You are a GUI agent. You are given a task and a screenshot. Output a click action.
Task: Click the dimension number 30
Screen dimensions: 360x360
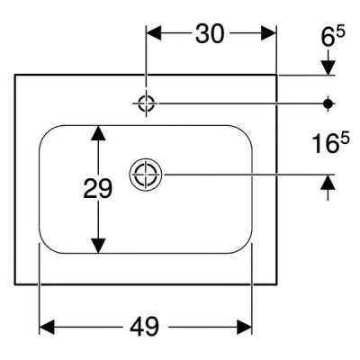210,33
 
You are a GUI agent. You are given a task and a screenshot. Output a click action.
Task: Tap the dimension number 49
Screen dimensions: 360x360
144,327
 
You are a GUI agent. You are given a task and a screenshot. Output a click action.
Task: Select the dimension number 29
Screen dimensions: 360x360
97,189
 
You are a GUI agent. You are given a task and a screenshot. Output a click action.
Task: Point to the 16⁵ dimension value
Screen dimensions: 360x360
331,143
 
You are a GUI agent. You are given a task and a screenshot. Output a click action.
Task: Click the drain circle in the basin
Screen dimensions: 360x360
146,175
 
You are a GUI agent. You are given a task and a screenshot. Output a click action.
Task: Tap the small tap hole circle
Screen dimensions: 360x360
146,103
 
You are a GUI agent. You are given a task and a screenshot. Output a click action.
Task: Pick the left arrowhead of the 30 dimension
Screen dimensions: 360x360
154,33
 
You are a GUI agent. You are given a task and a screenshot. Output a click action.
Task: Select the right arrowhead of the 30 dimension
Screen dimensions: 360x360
268,33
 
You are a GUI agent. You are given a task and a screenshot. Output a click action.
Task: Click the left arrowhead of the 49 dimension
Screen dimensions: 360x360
47,327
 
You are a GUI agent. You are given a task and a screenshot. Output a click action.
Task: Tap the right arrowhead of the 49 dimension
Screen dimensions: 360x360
244,327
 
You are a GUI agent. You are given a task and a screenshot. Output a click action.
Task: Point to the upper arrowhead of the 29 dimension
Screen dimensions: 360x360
98,133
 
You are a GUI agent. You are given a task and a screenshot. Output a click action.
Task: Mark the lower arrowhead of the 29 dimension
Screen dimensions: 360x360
98,246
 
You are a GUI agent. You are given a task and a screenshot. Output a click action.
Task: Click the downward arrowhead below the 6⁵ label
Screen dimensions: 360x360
328,67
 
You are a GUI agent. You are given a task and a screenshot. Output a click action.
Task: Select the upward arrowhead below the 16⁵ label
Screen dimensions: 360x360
328,182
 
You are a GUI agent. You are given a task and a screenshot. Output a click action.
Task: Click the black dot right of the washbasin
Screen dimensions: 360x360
328,103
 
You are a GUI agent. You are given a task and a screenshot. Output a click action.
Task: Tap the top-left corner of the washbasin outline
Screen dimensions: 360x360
15,75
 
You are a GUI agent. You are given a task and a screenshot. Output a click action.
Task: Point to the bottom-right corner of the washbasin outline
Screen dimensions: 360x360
276,283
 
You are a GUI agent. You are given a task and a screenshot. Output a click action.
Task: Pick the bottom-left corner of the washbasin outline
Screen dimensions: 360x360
15,283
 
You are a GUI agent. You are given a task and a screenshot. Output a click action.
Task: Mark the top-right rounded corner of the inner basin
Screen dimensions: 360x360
247,131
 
